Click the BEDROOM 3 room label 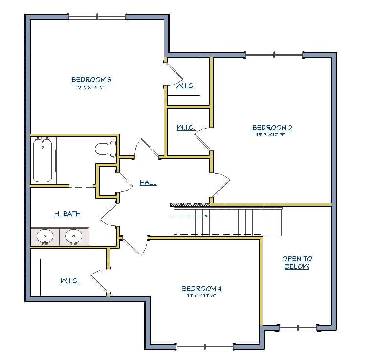[91, 80]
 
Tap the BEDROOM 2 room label [272, 128]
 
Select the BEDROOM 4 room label [202, 289]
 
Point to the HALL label [148, 182]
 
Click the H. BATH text [67, 214]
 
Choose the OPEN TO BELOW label [297, 263]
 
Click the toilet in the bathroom [105, 148]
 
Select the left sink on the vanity [45, 237]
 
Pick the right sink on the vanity [74, 237]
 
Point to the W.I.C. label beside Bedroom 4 [69, 281]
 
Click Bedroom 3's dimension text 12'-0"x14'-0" [91, 88]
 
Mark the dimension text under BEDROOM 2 [270, 135]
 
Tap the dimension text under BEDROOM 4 [201, 296]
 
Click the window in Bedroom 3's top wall [97, 17]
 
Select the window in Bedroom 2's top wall [274, 55]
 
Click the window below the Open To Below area [298, 327]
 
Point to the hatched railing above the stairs [189, 204]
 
